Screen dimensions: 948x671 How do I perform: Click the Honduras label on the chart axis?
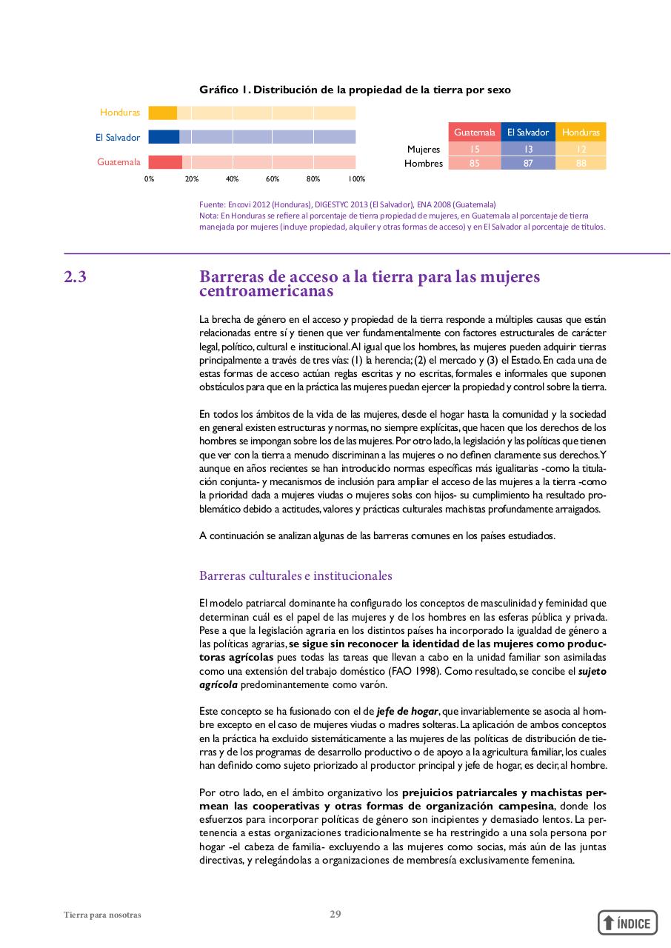[120, 113]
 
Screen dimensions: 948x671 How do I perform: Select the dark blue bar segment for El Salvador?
[164, 137]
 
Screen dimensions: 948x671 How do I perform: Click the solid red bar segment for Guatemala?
[165, 162]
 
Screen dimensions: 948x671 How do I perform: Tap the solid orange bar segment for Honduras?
[162, 113]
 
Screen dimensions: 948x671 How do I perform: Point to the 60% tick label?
[272, 179]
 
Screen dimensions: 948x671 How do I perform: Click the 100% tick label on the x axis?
[356, 179]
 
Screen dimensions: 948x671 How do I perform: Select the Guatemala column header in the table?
[474, 132]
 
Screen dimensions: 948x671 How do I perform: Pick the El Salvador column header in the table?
[527, 132]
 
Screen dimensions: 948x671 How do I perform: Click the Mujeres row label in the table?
[424, 149]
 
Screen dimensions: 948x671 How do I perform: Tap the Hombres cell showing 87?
[527, 163]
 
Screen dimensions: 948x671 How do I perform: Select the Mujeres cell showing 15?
[474, 149]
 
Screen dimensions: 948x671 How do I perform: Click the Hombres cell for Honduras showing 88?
[581, 163]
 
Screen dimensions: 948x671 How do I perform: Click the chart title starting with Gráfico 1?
[355, 90]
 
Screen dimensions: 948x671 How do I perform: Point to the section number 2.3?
[75, 278]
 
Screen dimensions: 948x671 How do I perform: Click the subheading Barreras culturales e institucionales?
[296, 575]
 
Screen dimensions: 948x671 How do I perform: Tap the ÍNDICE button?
[627, 922]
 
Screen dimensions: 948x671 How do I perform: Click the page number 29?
[335, 914]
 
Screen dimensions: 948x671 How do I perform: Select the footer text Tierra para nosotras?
[102, 915]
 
